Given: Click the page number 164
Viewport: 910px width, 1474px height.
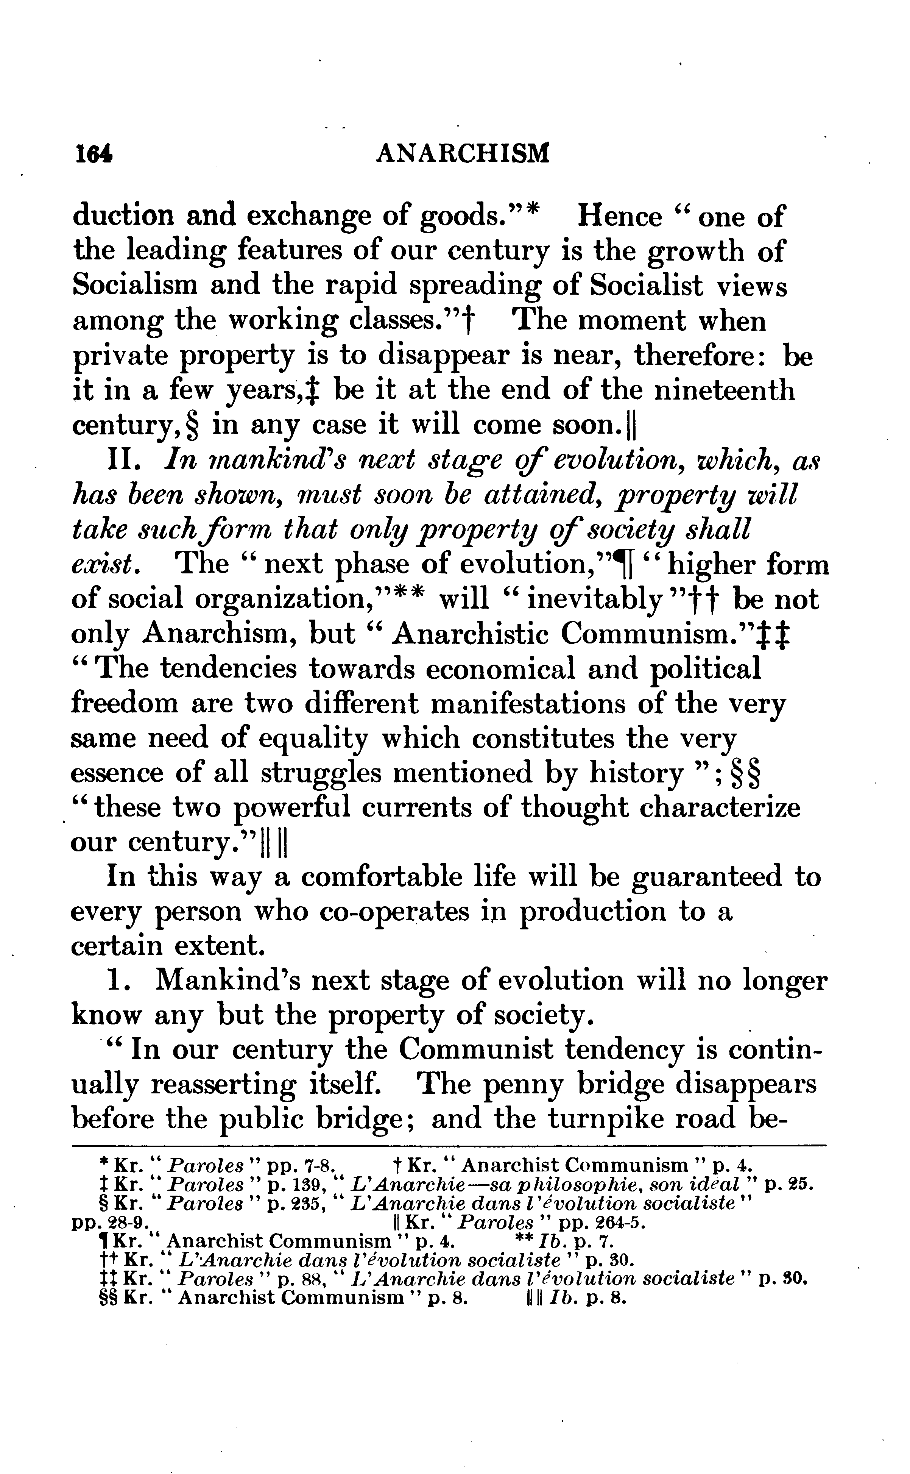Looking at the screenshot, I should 93,154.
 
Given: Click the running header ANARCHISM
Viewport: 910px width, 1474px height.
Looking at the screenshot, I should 462,154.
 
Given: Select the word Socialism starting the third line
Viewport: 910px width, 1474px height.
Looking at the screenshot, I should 135,286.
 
